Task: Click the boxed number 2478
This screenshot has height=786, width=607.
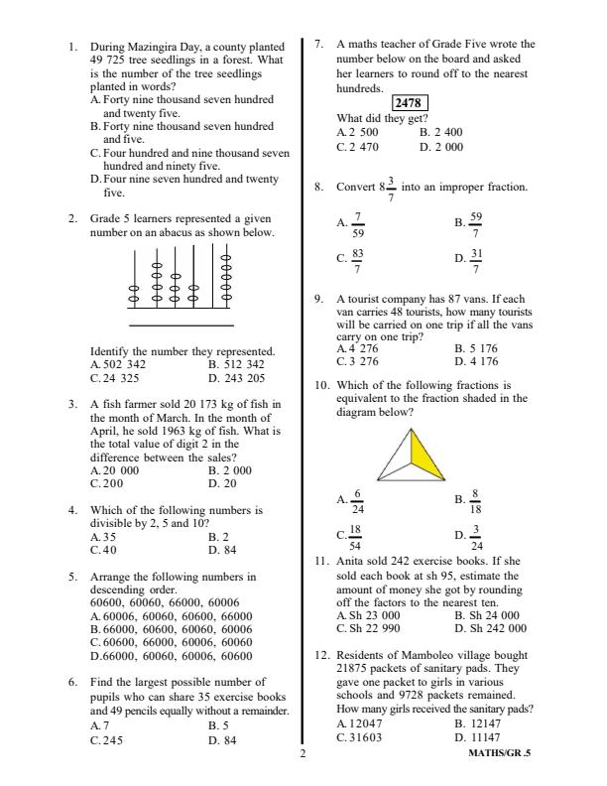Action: tap(408, 103)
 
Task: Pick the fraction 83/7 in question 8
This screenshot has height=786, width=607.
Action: tap(357, 261)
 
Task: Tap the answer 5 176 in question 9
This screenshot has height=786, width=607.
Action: tap(482, 348)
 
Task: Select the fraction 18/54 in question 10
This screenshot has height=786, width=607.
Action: tap(356, 537)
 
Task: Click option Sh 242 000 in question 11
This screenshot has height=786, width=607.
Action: tap(496, 628)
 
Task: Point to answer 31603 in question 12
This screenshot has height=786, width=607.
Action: tap(364, 737)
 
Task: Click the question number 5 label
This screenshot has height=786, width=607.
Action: tap(73, 576)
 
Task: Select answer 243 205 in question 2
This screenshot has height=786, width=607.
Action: tap(243, 378)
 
